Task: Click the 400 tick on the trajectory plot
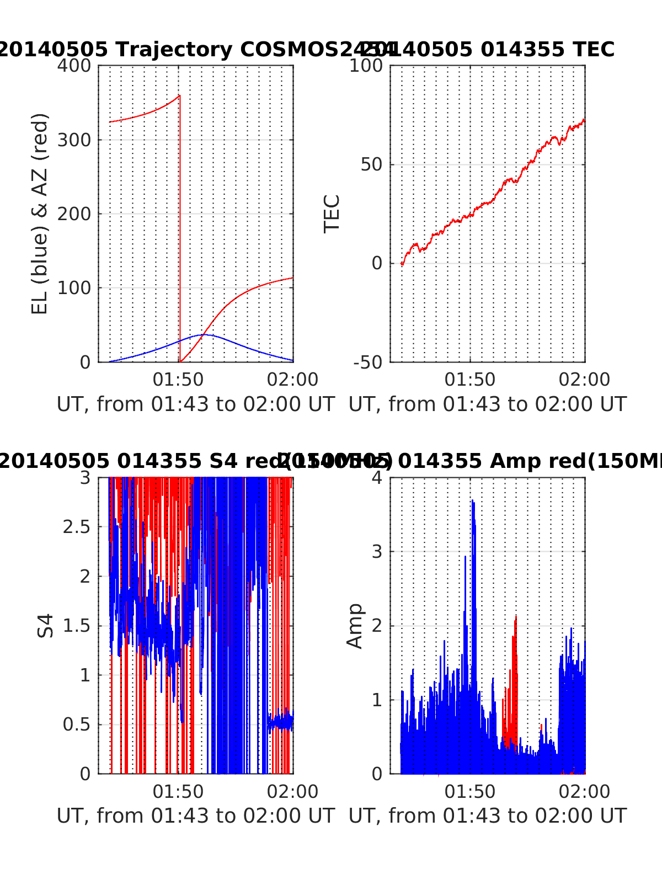[x=74, y=66]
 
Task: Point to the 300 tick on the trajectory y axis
[x=74, y=140]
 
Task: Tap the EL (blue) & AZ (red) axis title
[x=40, y=214]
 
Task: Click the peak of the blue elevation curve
[x=202, y=334]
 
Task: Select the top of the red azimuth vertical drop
[x=179, y=95]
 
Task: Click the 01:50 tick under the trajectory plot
[x=178, y=380]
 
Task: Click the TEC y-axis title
[x=332, y=214]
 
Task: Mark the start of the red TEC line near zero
[x=402, y=264]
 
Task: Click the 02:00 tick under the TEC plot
[x=584, y=380]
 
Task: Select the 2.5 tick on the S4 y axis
[x=77, y=527]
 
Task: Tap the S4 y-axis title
[x=46, y=625]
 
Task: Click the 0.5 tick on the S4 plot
[x=77, y=724]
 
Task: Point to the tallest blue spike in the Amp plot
[x=472, y=501]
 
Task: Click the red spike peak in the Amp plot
[x=516, y=616]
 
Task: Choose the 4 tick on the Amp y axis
[x=377, y=477]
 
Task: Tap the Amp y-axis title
[x=355, y=625]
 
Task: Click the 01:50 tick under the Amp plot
[x=470, y=792]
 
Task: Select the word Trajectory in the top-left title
[x=174, y=50]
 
